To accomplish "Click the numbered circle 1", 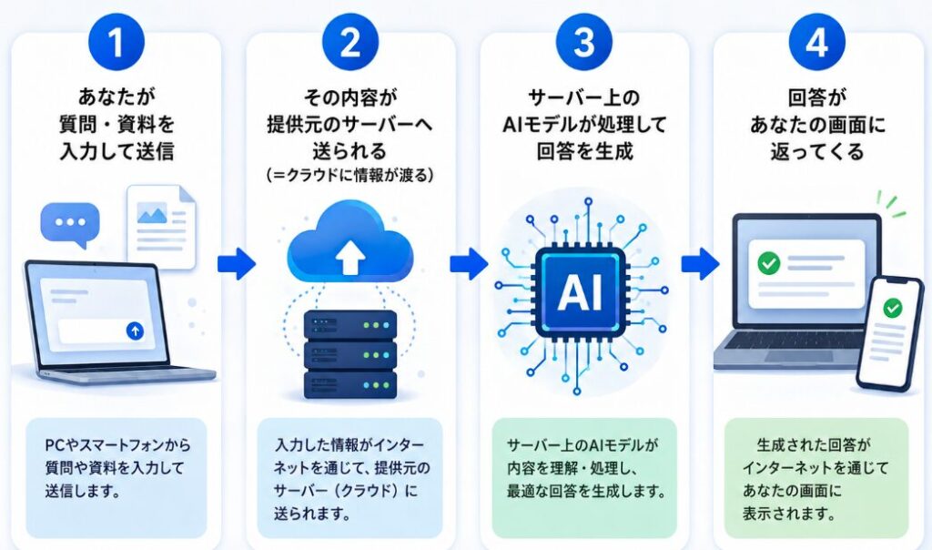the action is click(116, 42).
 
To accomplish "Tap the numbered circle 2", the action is click(350, 42).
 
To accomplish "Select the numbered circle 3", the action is click(584, 42).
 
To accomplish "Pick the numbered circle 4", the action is click(816, 42).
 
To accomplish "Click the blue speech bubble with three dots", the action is click(70, 224).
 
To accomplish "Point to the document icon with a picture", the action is click(161, 226).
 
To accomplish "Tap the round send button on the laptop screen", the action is click(135, 331).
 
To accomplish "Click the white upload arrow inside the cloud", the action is click(350, 258).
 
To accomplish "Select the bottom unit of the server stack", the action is click(350, 385).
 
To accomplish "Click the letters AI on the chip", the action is click(580, 292).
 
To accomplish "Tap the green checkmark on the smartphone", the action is click(892, 308).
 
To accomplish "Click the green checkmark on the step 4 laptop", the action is click(768, 263).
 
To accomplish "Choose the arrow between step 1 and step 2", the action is click(237, 263).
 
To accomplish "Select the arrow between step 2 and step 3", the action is click(469, 263).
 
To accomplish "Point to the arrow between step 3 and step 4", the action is click(700, 263).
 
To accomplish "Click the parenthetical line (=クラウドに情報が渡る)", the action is click(349, 176).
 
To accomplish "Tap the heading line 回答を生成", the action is click(584, 151).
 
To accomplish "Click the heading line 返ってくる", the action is click(817, 151).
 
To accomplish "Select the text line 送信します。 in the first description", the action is click(83, 491).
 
